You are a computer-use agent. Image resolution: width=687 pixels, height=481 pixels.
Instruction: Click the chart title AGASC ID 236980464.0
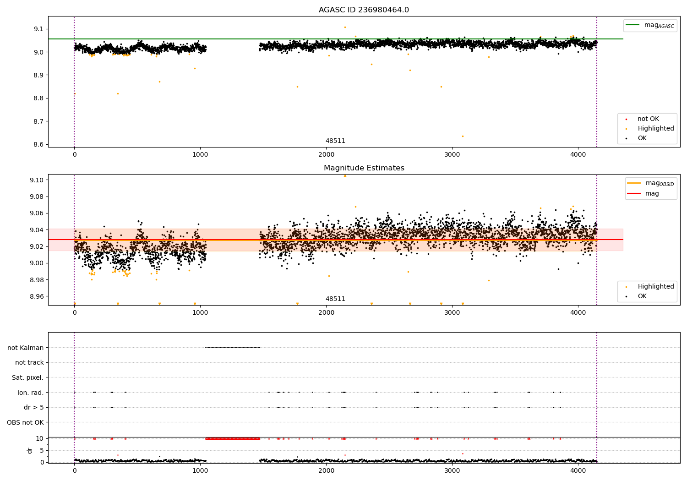click(364, 10)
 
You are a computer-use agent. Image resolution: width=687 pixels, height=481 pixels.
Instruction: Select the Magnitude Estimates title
click(364, 168)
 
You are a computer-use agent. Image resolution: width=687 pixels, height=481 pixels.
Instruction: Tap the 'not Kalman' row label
click(26, 348)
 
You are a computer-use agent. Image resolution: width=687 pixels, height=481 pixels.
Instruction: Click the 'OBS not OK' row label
click(25, 422)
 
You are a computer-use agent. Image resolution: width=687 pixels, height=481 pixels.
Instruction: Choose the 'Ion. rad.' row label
click(30, 393)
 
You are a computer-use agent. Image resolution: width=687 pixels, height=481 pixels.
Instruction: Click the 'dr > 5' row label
click(33, 407)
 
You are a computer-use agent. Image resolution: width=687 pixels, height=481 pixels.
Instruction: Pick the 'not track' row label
click(29, 362)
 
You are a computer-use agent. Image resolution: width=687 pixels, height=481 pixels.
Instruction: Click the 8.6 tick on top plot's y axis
click(38, 145)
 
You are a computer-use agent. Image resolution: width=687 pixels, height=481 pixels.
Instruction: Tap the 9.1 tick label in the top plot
click(38, 29)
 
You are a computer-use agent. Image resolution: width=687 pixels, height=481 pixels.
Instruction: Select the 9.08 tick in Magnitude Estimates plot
click(37, 197)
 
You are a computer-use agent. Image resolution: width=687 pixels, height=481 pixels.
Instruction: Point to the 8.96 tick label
click(37, 296)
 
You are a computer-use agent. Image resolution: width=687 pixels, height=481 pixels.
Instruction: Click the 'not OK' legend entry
click(648, 119)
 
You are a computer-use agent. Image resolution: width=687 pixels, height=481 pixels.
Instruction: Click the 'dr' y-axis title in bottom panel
click(30, 450)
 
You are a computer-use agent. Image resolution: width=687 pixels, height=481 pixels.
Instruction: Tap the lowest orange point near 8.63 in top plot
click(463, 136)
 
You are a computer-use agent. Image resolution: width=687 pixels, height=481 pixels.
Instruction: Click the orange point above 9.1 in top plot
click(345, 27)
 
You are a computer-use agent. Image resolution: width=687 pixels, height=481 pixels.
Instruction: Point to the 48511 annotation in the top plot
click(335, 141)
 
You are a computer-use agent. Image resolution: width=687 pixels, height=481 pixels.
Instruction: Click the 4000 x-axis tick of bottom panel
click(578, 470)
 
